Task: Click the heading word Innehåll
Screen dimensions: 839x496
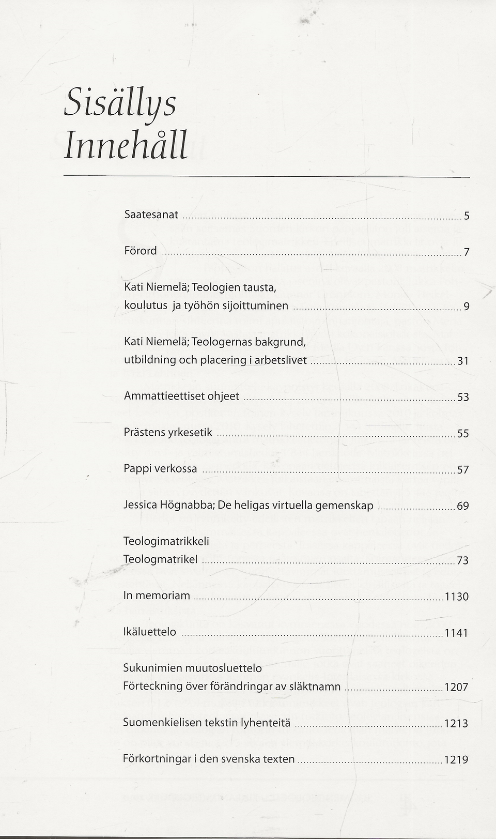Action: [126, 146]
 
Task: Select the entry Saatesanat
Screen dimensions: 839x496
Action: [151, 215]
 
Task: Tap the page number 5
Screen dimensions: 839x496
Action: [467, 217]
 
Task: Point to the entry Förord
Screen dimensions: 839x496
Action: [140, 251]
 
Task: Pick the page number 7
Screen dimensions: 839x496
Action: [467, 253]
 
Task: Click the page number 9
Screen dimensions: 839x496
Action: [467, 307]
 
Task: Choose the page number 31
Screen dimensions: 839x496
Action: [463, 361]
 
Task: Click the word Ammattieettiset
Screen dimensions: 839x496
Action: [164, 396]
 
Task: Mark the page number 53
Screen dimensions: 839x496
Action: [463, 398]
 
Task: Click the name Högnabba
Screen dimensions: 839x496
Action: [192, 505]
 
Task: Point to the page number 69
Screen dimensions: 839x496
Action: [463, 506]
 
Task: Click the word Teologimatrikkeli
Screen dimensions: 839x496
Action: [166, 541]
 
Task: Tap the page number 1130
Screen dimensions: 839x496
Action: [457, 597]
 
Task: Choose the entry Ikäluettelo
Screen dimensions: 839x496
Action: [149, 632]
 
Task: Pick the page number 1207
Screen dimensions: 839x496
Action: [457, 688]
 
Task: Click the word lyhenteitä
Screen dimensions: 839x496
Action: [266, 723]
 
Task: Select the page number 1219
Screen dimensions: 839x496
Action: [457, 760]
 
